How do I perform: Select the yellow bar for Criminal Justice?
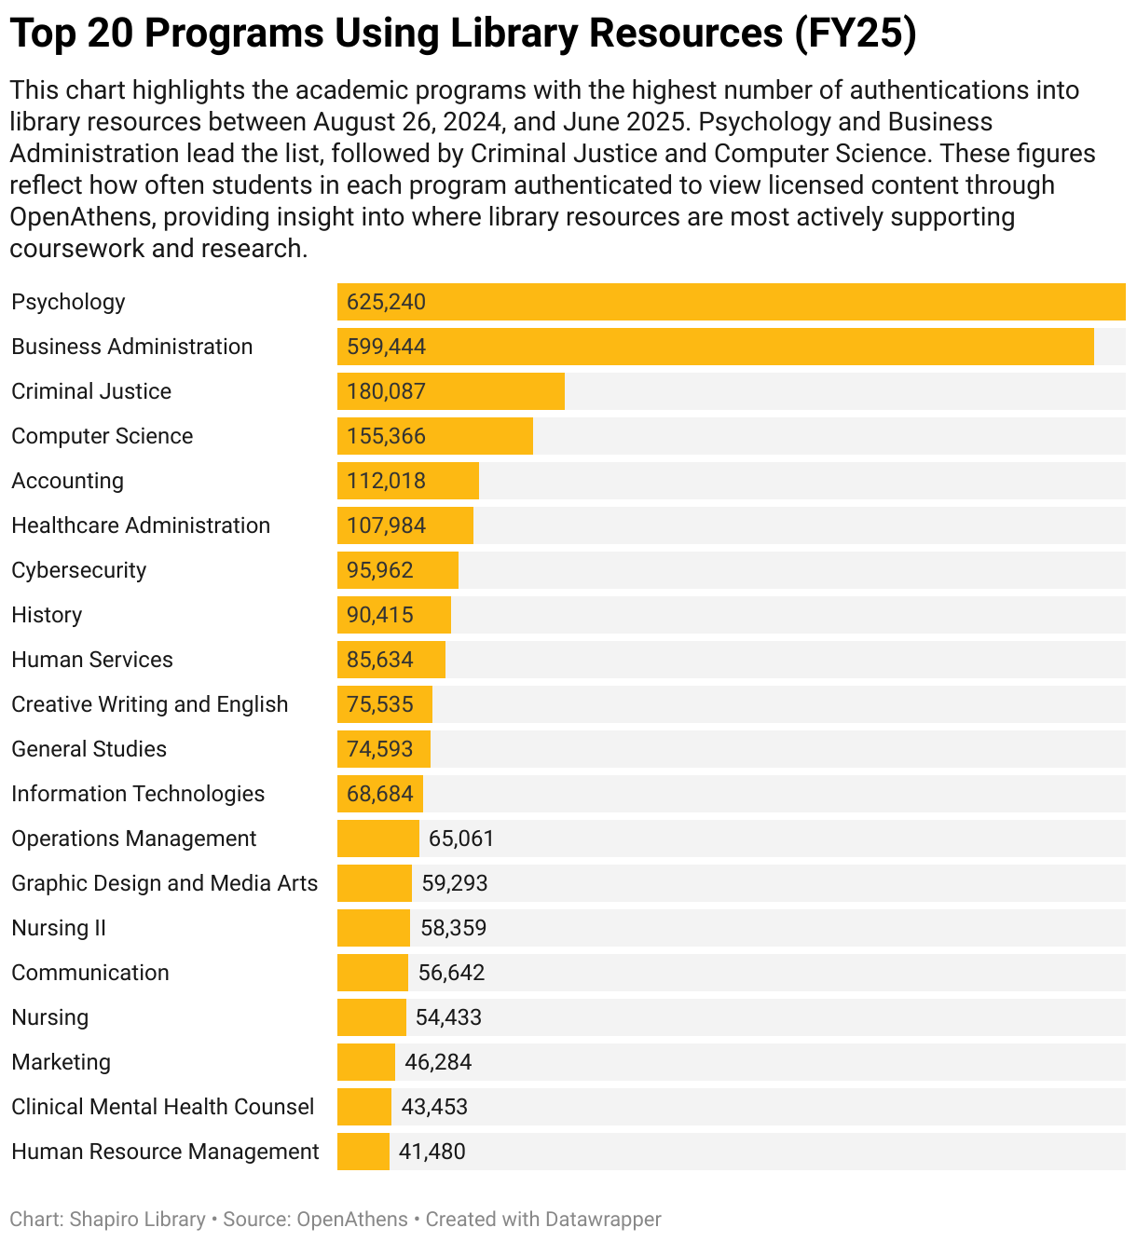tap(450, 391)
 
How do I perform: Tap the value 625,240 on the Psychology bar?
tap(386, 302)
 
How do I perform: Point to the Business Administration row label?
tap(131, 347)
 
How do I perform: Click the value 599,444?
tap(386, 347)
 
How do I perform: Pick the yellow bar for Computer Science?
tap(434, 436)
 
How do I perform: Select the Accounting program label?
tap(67, 481)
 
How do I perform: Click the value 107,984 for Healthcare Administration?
tap(386, 525)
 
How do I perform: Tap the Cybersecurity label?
tap(78, 570)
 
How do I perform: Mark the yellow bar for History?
tap(393, 615)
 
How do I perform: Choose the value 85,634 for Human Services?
tap(379, 660)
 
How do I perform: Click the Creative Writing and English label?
tap(149, 704)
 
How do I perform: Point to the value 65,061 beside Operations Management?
tap(460, 839)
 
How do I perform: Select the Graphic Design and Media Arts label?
tap(164, 883)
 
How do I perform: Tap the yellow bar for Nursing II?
tap(373, 928)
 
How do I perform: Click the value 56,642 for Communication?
tap(451, 973)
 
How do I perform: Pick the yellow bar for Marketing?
tap(365, 1062)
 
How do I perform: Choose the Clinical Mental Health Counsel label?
tap(162, 1107)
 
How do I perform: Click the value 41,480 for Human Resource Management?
tap(432, 1152)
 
